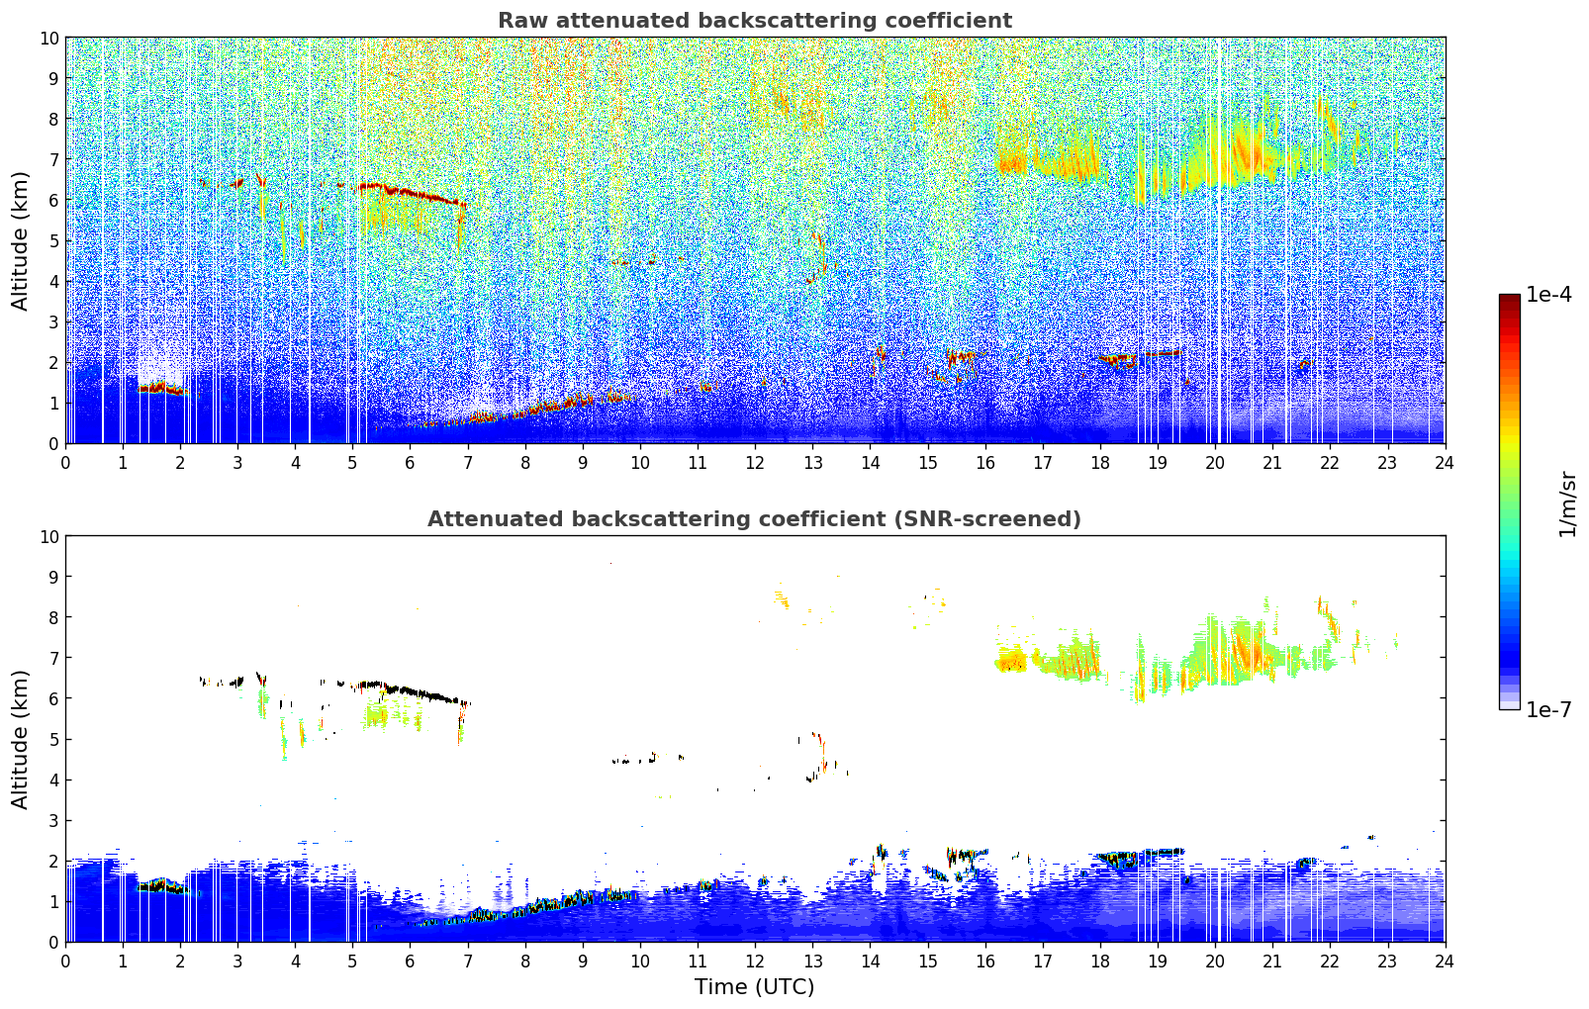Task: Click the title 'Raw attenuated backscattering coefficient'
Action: (x=754, y=21)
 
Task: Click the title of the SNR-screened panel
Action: (x=754, y=519)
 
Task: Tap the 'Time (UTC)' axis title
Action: (x=754, y=986)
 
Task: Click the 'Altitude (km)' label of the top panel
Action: (x=20, y=240)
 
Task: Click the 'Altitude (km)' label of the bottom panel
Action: (x=20, y=739)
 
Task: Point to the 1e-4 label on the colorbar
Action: (x=1548, y=295)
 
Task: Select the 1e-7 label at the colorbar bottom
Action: (x=1548, y=709)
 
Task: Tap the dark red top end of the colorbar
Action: (x=1509, y=299)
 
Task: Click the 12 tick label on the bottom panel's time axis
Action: (x=755, y=961)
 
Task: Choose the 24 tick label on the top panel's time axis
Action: (x=1445, y=462)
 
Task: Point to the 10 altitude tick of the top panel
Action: (x=48, y=38)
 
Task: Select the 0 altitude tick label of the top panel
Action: (x=53, y=443)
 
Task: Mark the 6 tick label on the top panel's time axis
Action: (x=411, y=462)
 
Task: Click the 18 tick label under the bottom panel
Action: (x=1100, y=961)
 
